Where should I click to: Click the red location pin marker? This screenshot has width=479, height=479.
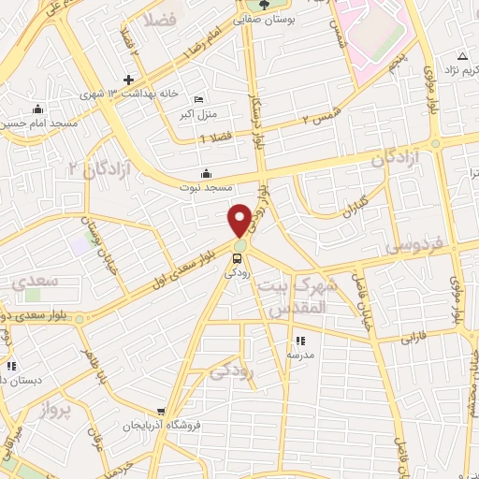pyautogui.click(x=239, y=220)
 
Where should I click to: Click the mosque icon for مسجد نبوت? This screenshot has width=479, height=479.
pyautogui.click(x=206, y=172)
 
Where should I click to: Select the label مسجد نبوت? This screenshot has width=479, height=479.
pyautogui.click(x=206, y=187)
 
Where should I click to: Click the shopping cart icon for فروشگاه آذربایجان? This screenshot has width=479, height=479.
pyautogui.click(x=162, y=411)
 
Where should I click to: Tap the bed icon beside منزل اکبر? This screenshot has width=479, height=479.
pyautogui.click(x=197, y=100)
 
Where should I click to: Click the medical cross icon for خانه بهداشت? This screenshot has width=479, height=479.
pyautogui.click(x=129, y=80)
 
